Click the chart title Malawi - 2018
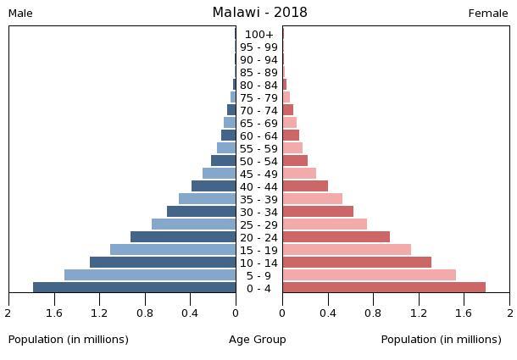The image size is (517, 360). click(x=259, y=13)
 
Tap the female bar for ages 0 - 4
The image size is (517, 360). click(x=384, y=287)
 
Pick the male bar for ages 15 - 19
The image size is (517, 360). click(x=173, y=249)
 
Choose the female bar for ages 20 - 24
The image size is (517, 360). click(x=336, y=236)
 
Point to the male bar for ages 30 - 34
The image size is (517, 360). click(x=201, y=211)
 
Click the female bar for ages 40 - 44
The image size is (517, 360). click(x=305, y=186)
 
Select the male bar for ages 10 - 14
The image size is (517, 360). click(x=163, y=262)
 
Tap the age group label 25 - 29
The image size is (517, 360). click(x=258, y=224)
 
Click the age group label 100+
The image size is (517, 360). click(x=258, y=35)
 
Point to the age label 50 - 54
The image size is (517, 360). click(x=258, y=161)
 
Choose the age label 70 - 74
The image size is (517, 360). click(x=258, y=110)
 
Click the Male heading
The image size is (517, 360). click(x=20, y=14)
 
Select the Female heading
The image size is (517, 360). click(x=488, y=14)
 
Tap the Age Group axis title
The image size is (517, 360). click(x=258, y=340)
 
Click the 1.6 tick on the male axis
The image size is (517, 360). click(x=54, y=313)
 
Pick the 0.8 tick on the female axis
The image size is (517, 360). click(x=373, y=313)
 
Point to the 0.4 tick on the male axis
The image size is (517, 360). click(x=190, y=313)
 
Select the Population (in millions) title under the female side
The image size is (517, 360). click(x=441, y=340)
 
